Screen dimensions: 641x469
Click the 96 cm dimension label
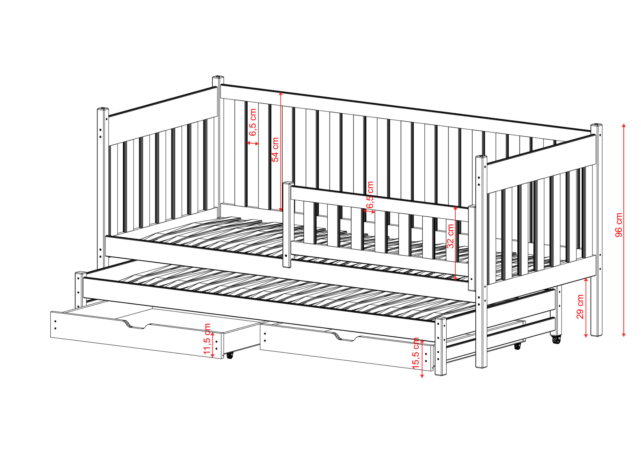click(x=619, y=225)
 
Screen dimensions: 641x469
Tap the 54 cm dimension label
click(x=275, y=150)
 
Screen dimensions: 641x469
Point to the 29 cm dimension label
click(x=580, y=307)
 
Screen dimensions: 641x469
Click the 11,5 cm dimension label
click(x=207, y=339)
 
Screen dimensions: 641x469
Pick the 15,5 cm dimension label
click(x=416, y=353)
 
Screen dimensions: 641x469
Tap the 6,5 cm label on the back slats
click(x=253, y=122)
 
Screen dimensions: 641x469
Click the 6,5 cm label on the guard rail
click(x=370, y=195)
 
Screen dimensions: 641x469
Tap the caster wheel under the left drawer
click(x=230, y=355)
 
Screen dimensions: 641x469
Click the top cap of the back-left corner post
click(x=218, y=77)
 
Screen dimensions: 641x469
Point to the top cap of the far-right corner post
click(x=597, y=126)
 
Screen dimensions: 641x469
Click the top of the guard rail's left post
click(x=288, y=183)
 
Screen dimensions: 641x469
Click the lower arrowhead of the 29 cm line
click(x=586, y=335)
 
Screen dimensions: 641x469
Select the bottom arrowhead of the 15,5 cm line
click(x=422, y=376)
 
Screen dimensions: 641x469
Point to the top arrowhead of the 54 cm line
click(x=281, y=93)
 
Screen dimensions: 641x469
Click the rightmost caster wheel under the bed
click(x=556, y=340)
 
